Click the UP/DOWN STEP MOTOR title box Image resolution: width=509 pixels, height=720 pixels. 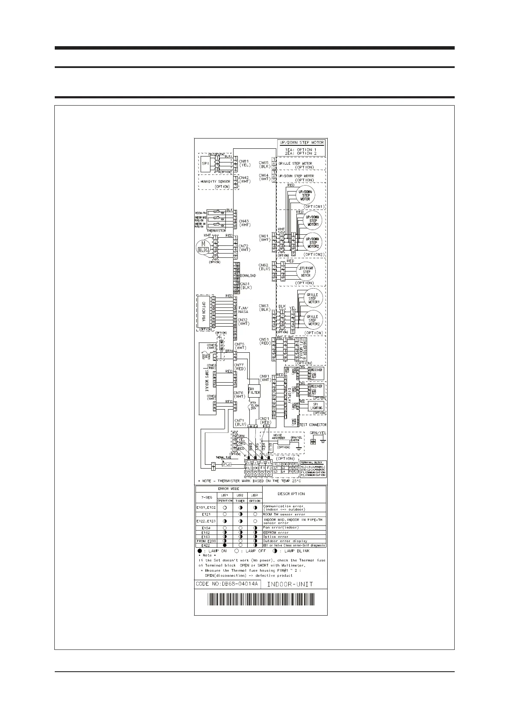302,148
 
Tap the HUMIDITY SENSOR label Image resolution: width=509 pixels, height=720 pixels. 216,182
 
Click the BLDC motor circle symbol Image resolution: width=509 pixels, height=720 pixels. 203,247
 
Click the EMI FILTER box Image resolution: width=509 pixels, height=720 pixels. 254,390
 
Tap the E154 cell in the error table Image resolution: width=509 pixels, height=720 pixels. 206,528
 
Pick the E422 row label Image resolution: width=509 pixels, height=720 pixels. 206,545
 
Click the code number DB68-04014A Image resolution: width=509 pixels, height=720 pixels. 227,584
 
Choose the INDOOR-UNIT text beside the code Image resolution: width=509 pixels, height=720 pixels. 290,584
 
